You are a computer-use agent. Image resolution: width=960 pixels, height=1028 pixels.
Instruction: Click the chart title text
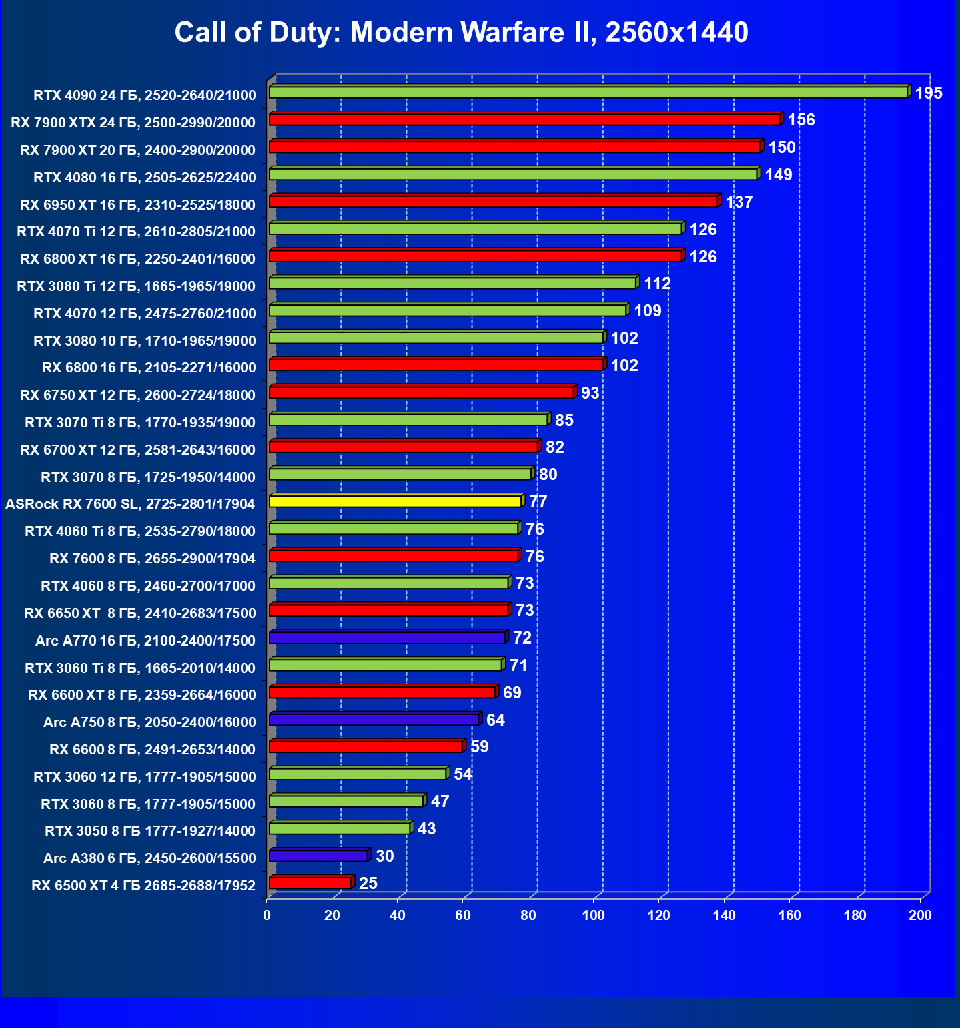click(x=461, y=32)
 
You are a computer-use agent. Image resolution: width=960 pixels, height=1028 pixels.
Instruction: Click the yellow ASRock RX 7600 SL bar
click(x=395, y=501)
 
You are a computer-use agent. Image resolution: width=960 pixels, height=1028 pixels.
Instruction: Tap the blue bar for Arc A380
click(x=318, y=856)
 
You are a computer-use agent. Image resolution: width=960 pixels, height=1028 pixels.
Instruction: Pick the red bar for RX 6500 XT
click(x=310, y=883)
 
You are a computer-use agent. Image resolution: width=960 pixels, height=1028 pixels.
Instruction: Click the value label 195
click(x=928, y=93)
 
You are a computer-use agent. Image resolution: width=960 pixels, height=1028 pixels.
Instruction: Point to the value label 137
click(x=739, y=202)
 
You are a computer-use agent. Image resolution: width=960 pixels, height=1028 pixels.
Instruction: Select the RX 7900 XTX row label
click(x=133, y=122)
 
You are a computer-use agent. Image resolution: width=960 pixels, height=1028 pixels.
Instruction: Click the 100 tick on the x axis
click(x=593, y=915)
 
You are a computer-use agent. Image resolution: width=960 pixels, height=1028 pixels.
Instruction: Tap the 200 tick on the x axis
click(x=920, y=915)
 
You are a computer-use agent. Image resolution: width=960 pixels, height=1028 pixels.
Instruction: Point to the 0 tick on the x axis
click(x=267, y=915)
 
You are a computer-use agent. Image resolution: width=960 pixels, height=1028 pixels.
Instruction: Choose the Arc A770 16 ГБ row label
click(x=145, y=641)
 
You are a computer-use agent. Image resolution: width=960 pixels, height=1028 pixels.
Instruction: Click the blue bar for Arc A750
click(x=374, y=720)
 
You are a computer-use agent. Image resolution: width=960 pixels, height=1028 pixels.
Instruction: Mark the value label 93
click(x=590, y=393)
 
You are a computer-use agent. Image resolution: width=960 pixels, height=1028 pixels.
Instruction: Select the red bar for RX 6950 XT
click(x=493, y=201)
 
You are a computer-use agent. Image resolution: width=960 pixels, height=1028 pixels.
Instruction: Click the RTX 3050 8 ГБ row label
click(x=150, y=831)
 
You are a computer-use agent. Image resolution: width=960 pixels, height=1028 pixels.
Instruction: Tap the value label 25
click(x=368, y=884)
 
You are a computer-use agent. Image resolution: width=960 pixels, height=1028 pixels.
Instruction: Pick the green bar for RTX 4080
click(x=512, y=174)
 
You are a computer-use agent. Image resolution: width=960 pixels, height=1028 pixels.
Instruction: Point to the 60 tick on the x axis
click(x=463, y=915)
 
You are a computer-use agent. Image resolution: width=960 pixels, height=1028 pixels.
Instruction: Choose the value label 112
click(x=656, y=284)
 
